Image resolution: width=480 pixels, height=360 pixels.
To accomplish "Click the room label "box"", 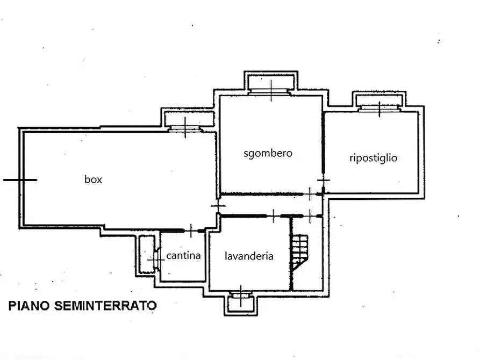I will tap(93, 180).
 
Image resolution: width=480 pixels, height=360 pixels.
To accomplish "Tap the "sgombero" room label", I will tap(268, 153).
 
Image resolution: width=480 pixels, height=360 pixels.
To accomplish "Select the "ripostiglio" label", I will tap(373, 158).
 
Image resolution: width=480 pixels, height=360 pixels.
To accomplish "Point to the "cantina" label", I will tap(183, 255).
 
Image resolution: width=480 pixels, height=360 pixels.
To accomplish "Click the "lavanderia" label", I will tap(248, 256).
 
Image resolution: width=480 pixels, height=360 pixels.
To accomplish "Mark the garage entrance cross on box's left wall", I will tap(20, 180).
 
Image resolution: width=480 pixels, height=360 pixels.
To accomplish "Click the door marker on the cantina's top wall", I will tap(192, 231).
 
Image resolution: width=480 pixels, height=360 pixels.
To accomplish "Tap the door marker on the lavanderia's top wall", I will tap(273, 216).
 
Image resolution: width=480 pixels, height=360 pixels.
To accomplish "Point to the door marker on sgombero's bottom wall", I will tap(310, 193).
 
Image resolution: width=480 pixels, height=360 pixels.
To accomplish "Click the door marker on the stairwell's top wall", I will tap(311, 215).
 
